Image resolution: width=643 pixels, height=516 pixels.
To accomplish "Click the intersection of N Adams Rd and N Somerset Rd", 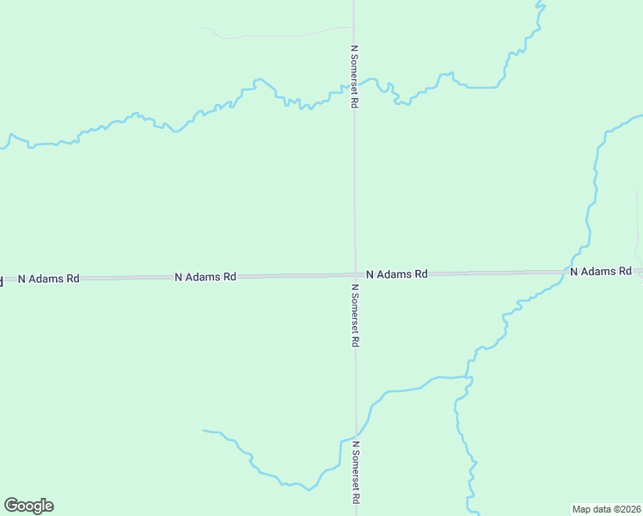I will (x=355, y=275).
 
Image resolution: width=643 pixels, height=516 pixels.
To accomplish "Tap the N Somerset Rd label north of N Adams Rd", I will (x=354, y=77).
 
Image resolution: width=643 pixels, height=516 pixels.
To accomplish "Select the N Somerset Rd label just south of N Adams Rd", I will (x=354, y=315).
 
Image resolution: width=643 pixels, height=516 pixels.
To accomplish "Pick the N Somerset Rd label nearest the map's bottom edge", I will (x=354, y=473).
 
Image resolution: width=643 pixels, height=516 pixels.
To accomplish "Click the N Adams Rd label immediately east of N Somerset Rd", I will (x=396, y=274).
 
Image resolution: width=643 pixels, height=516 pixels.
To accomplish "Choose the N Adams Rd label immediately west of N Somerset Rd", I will (x=205, y=277).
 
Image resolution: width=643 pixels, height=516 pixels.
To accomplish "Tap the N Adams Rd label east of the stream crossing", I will (x=601, y=271).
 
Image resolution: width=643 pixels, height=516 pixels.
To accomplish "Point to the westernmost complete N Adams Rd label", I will (x=49, y=279).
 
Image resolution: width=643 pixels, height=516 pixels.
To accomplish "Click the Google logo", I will (x=28, y=506).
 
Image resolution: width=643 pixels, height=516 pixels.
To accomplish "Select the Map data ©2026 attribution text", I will (x=606, y=508).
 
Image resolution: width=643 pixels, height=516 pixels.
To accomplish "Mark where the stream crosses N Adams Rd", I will (x=571, y=272).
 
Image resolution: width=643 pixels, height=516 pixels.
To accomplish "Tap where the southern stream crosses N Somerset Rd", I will (x=356, y=433).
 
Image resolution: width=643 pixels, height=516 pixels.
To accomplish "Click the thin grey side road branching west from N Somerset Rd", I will (x=275, y=35).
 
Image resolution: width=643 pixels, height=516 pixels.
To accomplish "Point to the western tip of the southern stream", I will (x=205, y=430).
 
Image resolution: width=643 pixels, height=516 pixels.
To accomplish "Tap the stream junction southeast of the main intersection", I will (x=466, y=377).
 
